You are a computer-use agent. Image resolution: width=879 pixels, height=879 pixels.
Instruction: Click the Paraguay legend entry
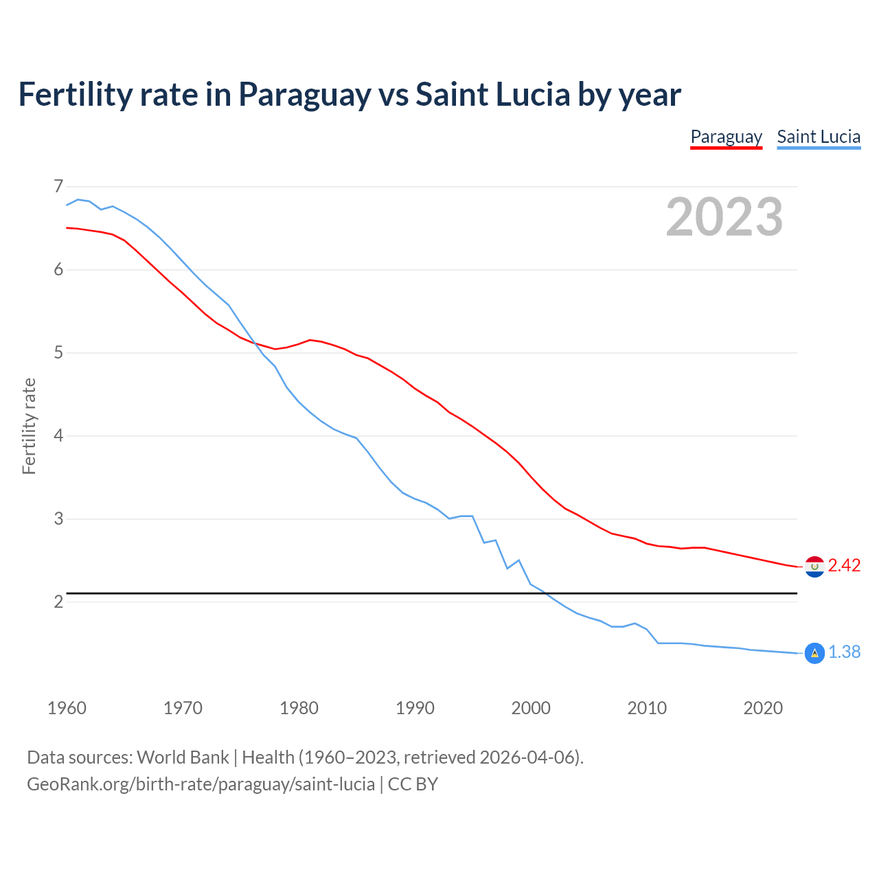[x=726, y=137]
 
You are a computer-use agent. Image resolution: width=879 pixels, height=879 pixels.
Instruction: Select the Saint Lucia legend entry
[x=819, y=137]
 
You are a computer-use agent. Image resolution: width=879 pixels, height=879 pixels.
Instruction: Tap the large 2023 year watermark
[x=724, y=217]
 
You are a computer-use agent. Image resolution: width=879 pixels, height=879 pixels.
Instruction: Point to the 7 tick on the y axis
[x=58, y=187]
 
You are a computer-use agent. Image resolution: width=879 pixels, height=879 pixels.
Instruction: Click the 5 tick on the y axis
[x=58, y=353]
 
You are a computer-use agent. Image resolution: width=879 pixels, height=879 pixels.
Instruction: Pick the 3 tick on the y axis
[x=58, y=519]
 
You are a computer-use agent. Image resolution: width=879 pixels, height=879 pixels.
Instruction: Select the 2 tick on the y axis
[x=58, y=602]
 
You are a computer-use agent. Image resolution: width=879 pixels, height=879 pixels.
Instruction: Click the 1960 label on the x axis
[x=67, y=708]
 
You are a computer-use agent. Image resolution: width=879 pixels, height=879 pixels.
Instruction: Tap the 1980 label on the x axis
[x=299, y=708]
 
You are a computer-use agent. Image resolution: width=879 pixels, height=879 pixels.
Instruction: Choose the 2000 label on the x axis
[x=531, y=708]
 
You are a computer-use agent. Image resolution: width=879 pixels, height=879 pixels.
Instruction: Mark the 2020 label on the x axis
[x=763, y=708]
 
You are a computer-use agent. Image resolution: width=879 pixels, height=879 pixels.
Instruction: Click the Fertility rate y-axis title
[x=29, y=426]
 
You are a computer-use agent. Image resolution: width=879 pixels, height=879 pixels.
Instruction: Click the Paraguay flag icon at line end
[x=814, y=567]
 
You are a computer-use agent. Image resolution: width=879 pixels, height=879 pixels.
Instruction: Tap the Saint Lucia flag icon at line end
[x=814, y=653]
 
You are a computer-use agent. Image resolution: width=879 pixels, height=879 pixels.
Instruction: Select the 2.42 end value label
[x=844, y=565]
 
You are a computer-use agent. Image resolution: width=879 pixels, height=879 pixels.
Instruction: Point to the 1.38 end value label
[x=844, y=652]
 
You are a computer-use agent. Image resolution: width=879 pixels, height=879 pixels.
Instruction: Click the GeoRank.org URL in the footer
[x=201, y=784]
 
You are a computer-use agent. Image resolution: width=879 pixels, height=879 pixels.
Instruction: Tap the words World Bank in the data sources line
[x=183, y=757]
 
